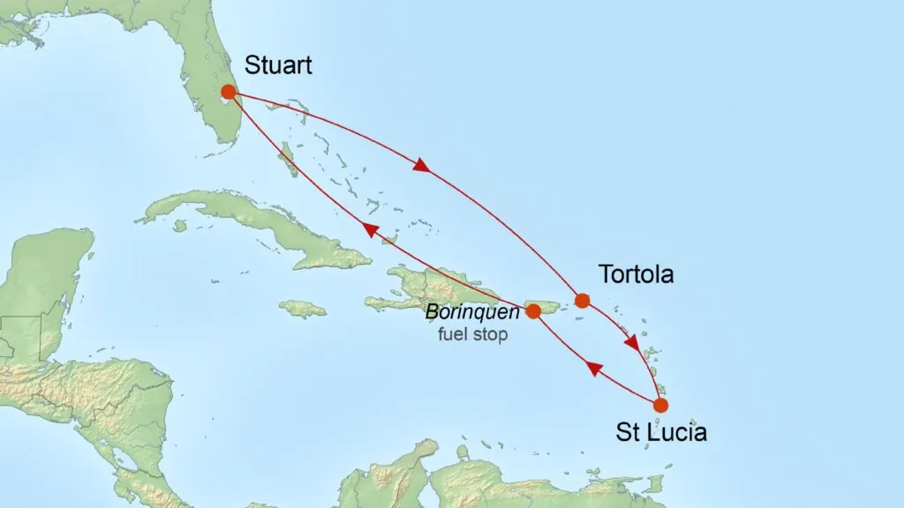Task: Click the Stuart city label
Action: tap(277, 66)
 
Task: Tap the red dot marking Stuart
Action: tap(228, 92)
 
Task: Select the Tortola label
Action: tap(636, 274)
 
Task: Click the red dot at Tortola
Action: tap(582, 301)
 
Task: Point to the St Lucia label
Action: tap(661, 433)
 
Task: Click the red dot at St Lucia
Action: tap(660, 406)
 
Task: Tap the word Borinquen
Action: tap(472, 312)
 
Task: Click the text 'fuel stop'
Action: tap(473, 335)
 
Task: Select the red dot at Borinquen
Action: tap(533, 310)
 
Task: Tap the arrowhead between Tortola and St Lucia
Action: tap(632, 342)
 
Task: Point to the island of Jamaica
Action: tap(302, 309)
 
